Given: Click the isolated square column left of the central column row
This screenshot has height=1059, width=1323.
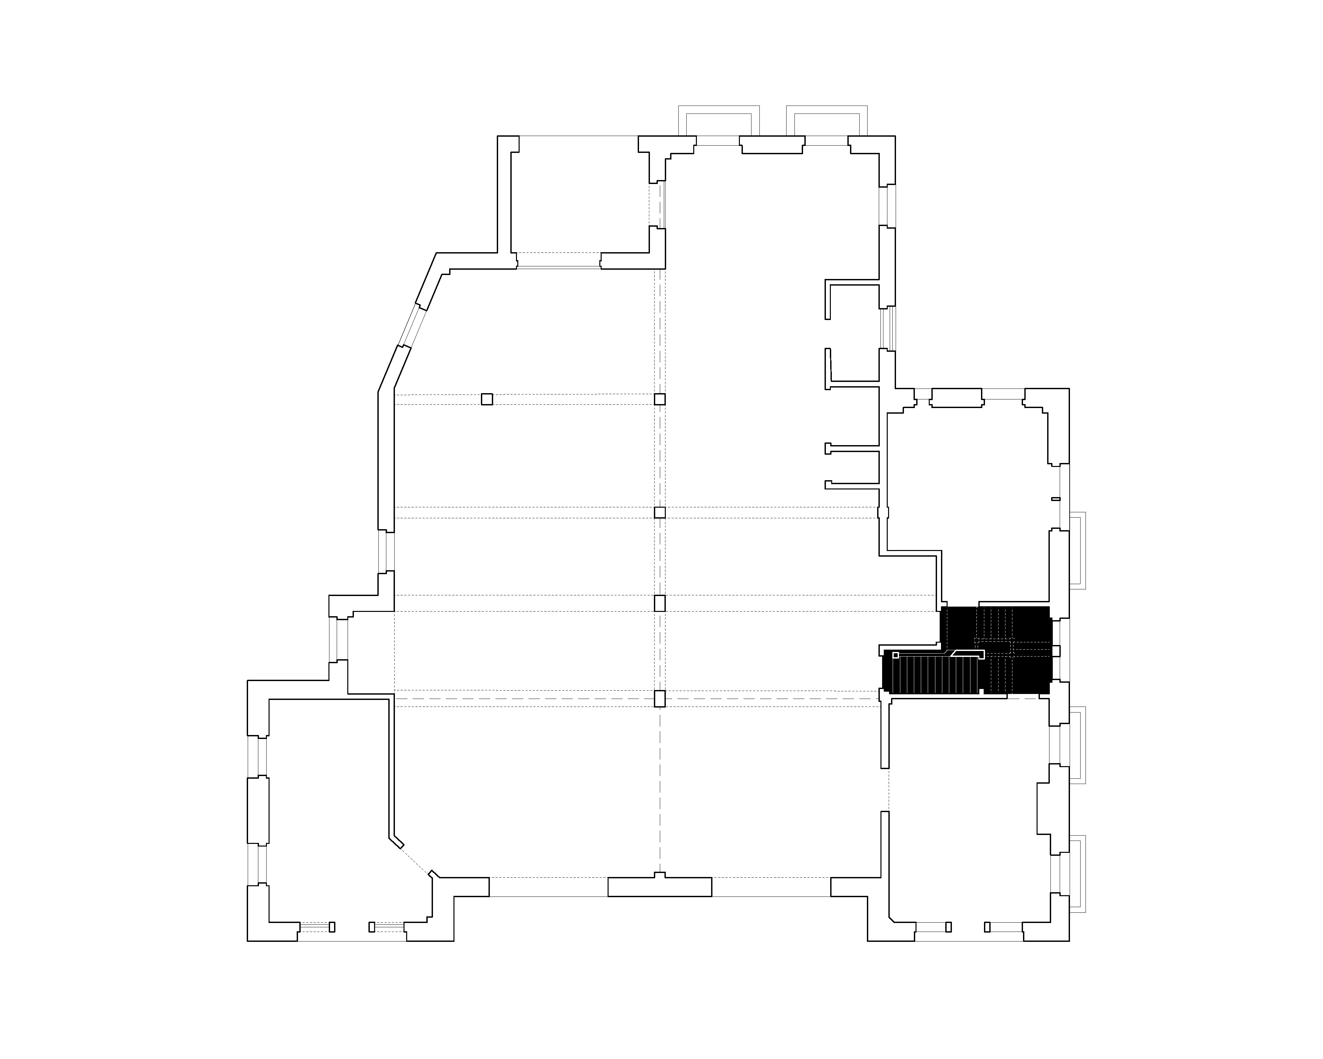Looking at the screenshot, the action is tap(487, 399).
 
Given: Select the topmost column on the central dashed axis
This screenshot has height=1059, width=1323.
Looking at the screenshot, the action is tap(660, 399).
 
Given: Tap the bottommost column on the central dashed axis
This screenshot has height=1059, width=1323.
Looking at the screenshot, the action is tap(660, 699).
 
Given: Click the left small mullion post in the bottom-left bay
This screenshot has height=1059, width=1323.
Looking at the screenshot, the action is tap(332, 927).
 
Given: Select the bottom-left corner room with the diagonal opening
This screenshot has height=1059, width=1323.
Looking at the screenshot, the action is tap(328, 810).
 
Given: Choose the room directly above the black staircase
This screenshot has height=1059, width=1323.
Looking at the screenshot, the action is tap(969, 491).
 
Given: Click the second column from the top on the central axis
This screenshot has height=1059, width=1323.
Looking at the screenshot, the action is tap(660, 513).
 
